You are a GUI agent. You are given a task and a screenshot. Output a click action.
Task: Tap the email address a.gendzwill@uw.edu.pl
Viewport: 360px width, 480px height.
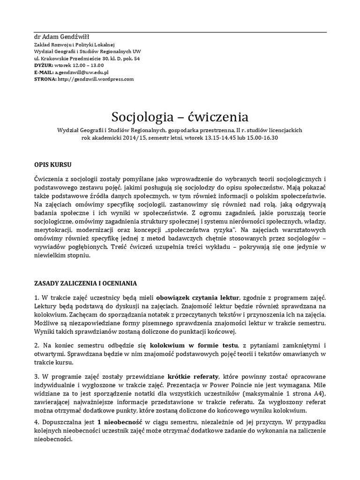tap(82, 72)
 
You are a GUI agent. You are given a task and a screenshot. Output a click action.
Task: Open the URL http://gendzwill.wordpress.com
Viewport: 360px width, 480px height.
tap(95, 79)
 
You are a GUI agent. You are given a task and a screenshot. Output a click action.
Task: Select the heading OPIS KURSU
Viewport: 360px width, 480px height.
tap(53, 165)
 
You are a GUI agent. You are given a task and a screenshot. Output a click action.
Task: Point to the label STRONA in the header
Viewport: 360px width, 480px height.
tap(45, 79)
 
